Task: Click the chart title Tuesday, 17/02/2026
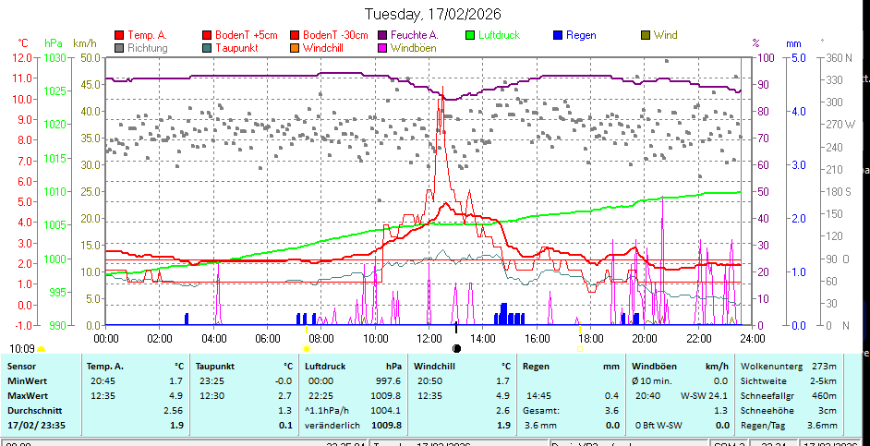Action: (x=435, y=14)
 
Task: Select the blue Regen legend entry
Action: (x=581, y=35)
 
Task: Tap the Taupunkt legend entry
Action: (x=236, y=47)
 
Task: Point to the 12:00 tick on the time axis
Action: (x=430, y=339)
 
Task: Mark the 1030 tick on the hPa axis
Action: (x=54, y=57)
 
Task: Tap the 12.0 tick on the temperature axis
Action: (x=23, y=57)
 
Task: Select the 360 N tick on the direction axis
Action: (x=839, y=57)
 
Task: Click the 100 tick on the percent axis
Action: (x=766, y=57)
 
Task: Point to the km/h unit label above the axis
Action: (x=84, y=42)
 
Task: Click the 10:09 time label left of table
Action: (x=21, y=349)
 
